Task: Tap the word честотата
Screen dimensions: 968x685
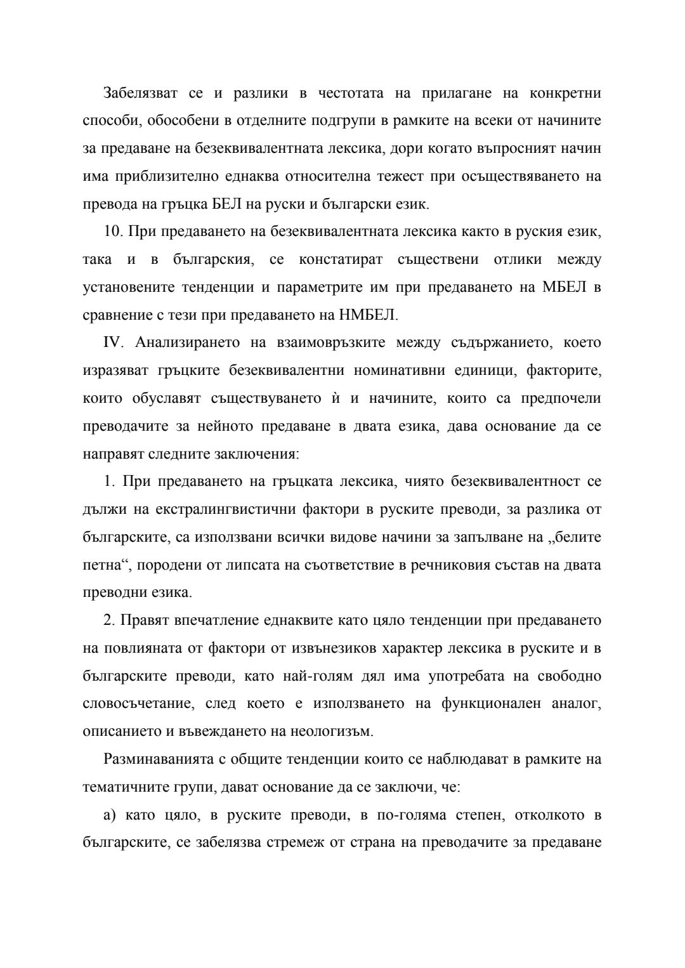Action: (x=351, y=93)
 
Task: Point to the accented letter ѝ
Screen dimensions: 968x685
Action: (x=335, y=398)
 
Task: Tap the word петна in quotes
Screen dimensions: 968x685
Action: (x=101, y=565)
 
